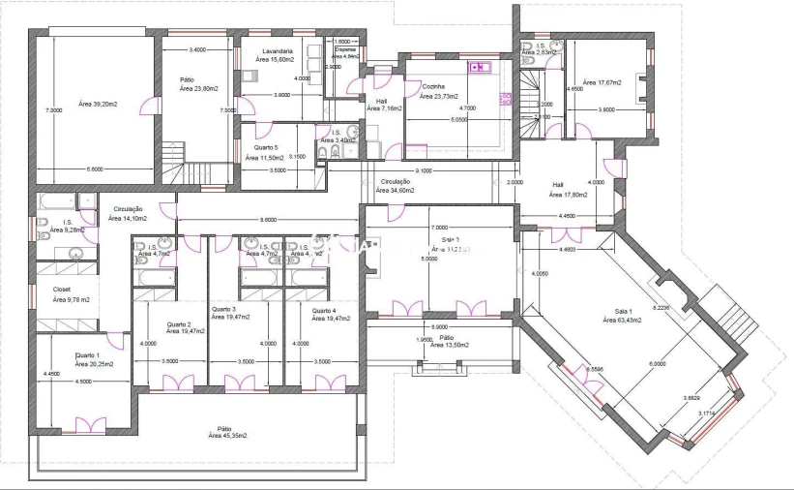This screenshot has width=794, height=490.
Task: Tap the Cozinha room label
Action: (x=432, y=86)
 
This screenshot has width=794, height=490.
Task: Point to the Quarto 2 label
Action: (x=179, y=324)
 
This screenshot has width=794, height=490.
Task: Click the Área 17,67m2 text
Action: (x=602, y=83)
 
